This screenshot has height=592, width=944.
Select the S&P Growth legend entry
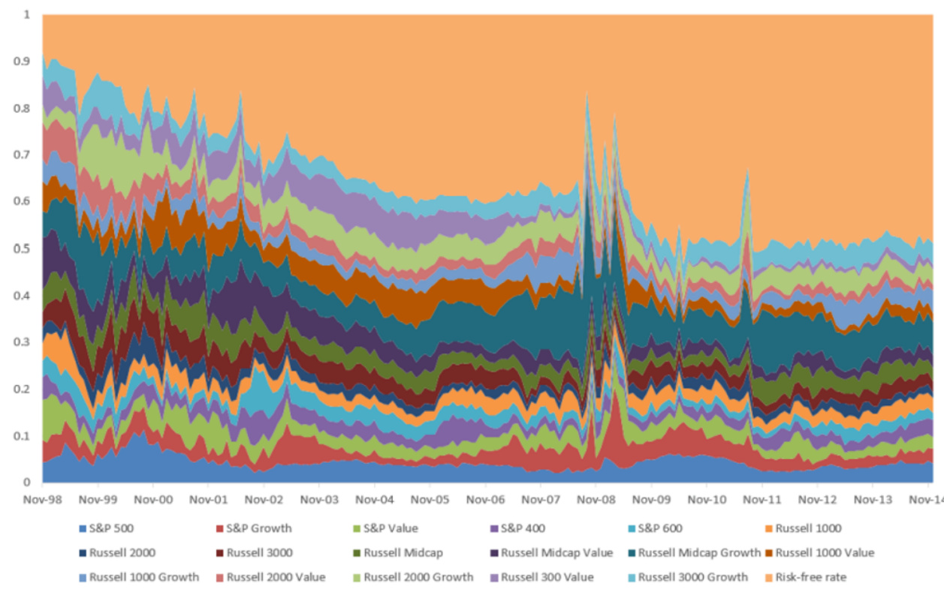pos(258,528)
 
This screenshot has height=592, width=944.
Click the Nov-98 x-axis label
pos(43,497)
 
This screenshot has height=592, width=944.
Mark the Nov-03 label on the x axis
pos(319,497)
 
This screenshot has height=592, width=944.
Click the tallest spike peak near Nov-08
pos(587,94)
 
